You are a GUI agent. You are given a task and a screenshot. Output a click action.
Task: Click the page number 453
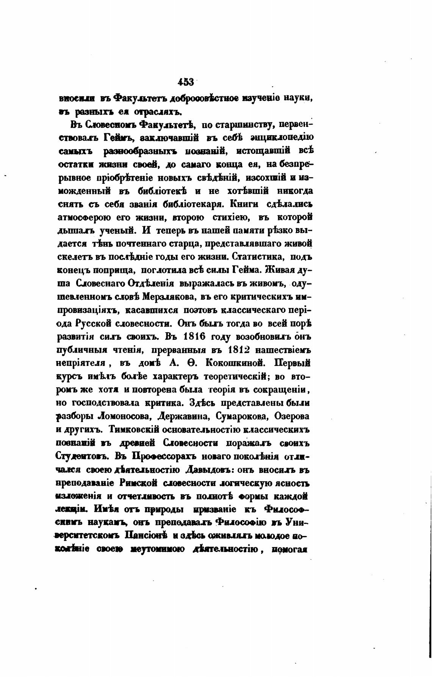coord(186,81)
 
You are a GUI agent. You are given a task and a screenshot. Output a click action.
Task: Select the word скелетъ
coord(74,257)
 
